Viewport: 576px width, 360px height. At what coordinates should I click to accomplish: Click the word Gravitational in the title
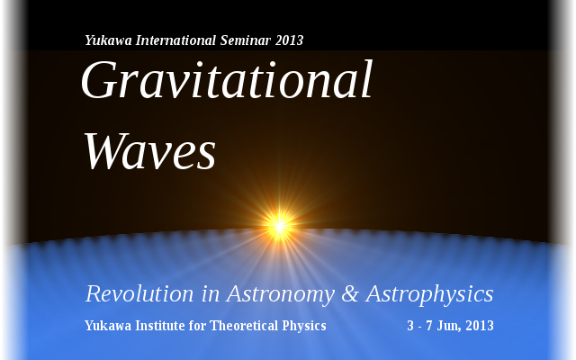[227, 80]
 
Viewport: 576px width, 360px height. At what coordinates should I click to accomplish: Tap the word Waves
[150, 151]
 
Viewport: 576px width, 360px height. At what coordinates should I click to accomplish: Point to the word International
[175, 40]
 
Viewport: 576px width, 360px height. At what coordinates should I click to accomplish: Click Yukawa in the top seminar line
[108, 40]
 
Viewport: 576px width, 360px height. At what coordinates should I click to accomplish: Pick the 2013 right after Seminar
[289, 40]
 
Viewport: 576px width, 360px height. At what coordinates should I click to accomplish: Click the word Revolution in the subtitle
[139, 294]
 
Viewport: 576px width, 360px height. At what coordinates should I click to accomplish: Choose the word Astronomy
[281, 294]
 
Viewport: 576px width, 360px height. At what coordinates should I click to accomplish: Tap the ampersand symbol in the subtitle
[350, 294]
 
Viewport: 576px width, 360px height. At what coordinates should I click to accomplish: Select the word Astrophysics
[430, 294]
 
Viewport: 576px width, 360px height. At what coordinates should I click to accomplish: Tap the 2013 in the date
[480, 326]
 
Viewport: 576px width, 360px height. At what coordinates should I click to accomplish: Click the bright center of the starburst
[279, 226]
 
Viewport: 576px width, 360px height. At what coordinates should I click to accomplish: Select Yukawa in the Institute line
[108, 326]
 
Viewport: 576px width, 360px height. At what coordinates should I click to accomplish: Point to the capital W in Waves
[106, 150]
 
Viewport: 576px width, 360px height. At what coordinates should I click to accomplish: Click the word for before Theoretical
[197, 326]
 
